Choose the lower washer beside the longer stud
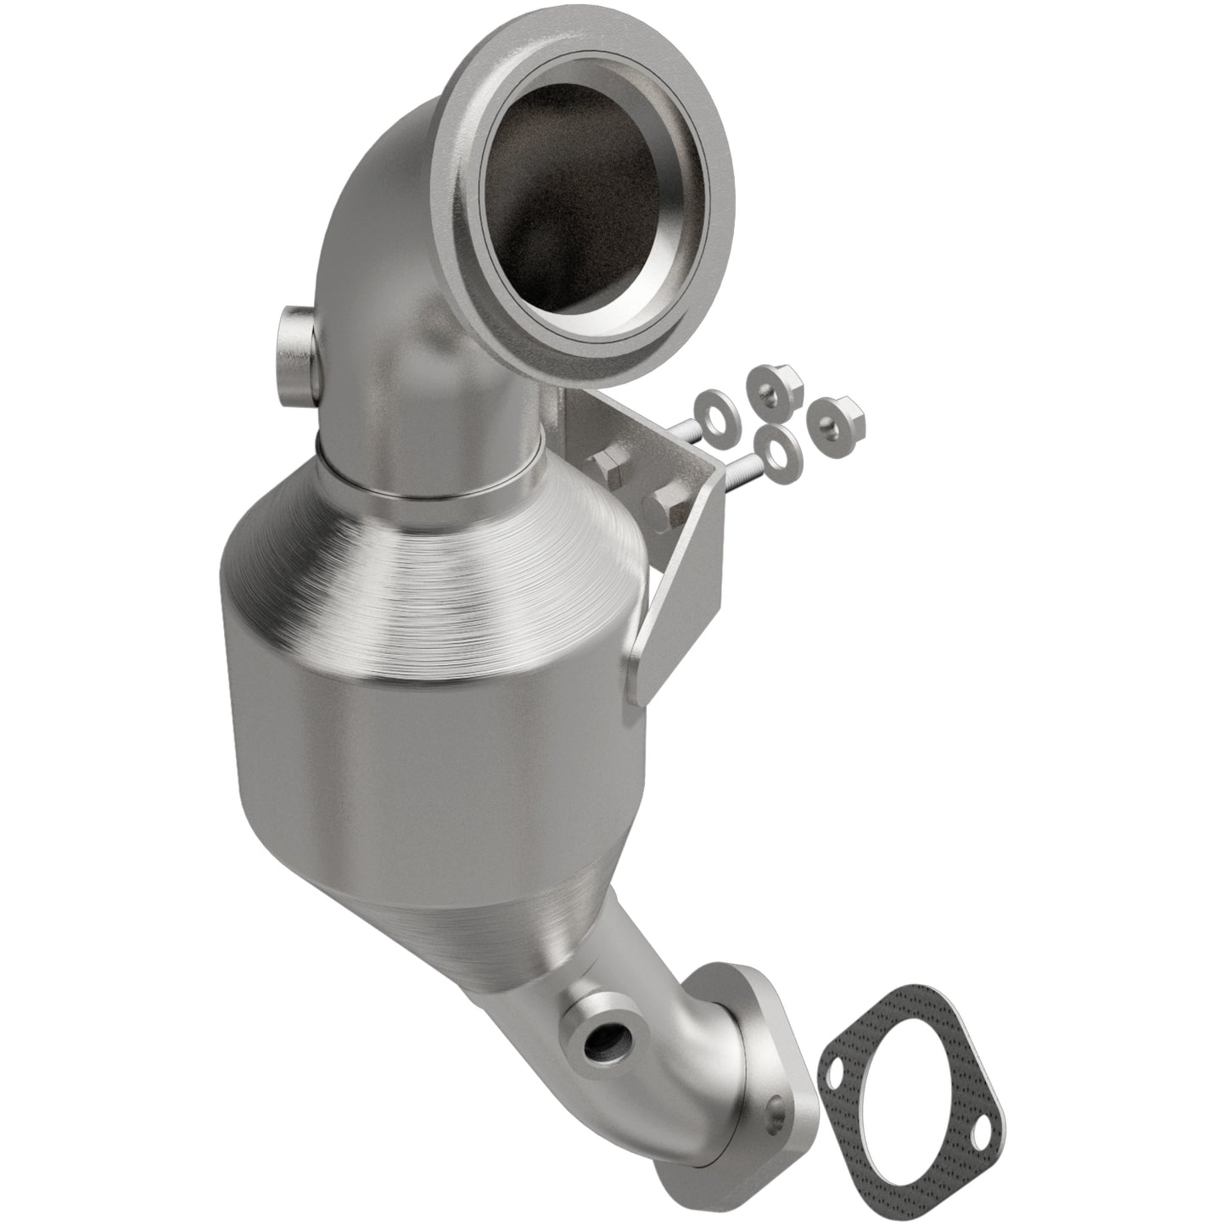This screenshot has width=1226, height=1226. coord(773,446)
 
